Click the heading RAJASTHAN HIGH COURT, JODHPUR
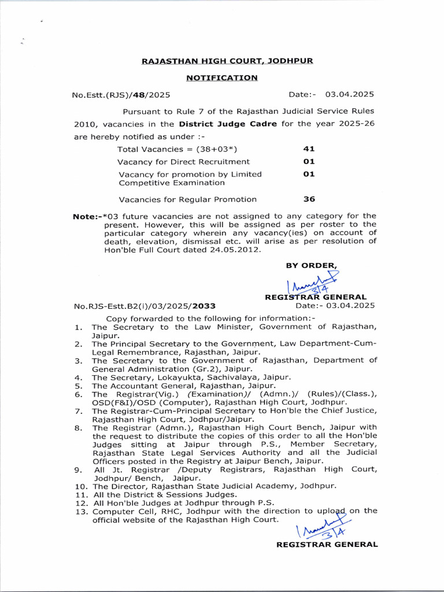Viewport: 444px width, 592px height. [x=227, y=61]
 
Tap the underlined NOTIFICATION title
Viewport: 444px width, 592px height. [x=222, y=77]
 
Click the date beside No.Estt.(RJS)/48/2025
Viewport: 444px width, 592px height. [x=349, y=94]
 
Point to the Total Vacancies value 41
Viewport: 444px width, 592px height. [x=309, y=149]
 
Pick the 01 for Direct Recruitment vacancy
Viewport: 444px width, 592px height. [x=309, y=162]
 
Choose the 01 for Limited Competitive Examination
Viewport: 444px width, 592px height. [x=309, y=174]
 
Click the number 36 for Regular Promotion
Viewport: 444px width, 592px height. [x=309, y=199]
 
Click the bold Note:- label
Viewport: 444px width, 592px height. [x=87, y=216]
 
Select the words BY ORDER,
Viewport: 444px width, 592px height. [x=312, y=265]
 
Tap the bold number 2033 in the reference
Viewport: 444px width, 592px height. [x=205, y=306]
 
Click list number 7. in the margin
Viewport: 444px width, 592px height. [x=78, y=411]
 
